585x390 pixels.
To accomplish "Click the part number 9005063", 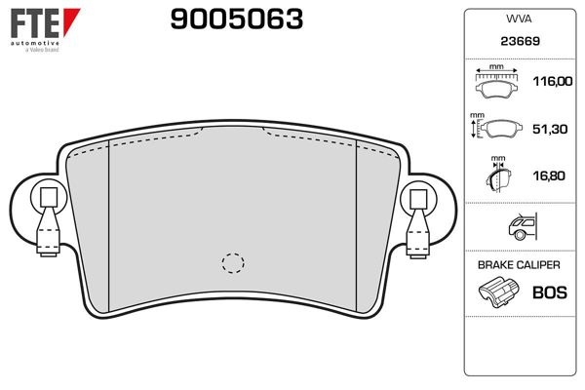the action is click(x=237, y=19).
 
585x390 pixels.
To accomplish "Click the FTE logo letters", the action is click(x=35, y=22).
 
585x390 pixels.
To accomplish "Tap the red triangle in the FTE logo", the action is click(x=70, y=20).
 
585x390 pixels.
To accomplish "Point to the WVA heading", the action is click(x=519, y=19).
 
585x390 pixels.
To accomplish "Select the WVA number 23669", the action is click(x=520, y=41).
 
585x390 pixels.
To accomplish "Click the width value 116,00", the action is click(x=553, y=81).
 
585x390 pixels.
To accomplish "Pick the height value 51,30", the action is click(x=550, y=129).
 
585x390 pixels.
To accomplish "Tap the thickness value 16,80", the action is click(x=549, y=175).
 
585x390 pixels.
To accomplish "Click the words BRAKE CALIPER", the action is click(x=519, y=265).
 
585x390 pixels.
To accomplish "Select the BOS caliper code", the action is click(x=550, y=292).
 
